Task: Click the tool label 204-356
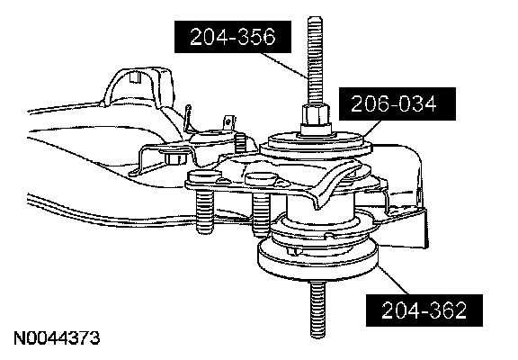point(233,37)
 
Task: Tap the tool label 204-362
point(424,310)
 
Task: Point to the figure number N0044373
point(57,337)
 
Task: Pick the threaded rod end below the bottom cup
point(317,308)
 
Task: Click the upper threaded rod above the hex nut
point(315,60)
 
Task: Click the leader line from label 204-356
point(283,65)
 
